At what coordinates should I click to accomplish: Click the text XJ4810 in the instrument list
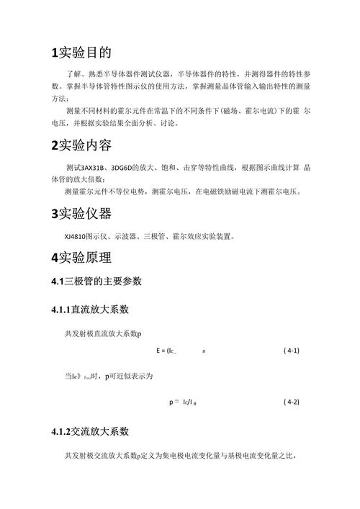(74, 235)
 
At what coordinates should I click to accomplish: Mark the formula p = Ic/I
(184, 402)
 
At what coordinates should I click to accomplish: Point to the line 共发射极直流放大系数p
(103, 333)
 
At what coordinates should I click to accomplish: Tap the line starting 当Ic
(108, 376)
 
